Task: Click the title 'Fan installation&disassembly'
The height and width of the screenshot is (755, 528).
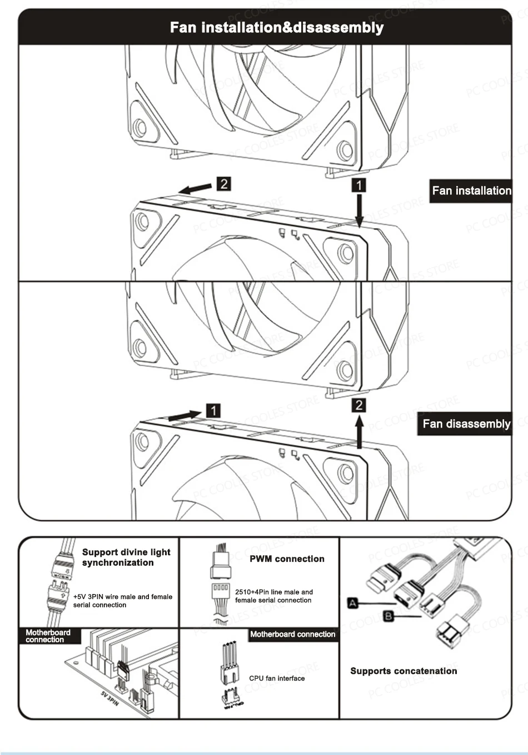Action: click(x=276, y=28)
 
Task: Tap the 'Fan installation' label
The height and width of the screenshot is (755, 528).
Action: click(x=471, y=190)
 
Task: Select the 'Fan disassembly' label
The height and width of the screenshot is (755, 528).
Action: click(x=466, y=424)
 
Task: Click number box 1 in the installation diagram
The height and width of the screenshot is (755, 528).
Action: click(x=360, y=185)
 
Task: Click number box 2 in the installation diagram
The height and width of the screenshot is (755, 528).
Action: click(x=223, y=184)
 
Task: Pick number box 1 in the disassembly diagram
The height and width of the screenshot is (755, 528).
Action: click(x=213, y=411)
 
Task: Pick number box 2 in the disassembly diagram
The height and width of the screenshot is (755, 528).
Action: click(x=360, y=405)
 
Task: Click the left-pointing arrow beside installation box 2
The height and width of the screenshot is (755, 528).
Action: click(x=195, y=189)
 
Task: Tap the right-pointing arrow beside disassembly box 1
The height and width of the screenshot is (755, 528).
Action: click(x=185, y=415)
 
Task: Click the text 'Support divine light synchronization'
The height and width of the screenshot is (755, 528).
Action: click(x=126, y=557)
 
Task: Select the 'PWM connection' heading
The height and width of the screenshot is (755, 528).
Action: click(x=287, y=559)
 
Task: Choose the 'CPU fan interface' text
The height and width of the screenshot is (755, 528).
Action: click(x=277, y=678)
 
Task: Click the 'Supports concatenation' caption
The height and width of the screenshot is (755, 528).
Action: click(x=404, y=671)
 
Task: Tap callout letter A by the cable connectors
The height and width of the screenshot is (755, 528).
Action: click(x=352, y=603)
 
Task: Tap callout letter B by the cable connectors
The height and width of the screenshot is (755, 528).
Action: click(x=389, y=616)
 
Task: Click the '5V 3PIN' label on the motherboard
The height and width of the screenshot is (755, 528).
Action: click(x=109, y=698)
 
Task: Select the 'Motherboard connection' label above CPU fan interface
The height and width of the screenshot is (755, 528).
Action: click(x=292, y=635)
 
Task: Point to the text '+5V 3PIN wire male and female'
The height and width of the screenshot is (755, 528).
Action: click(x=123, y=597)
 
